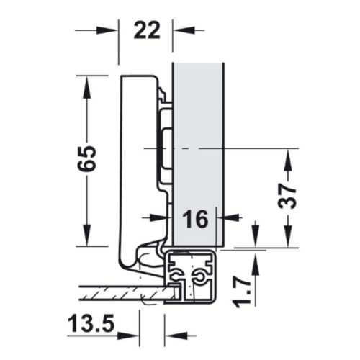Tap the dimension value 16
(194, 217)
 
